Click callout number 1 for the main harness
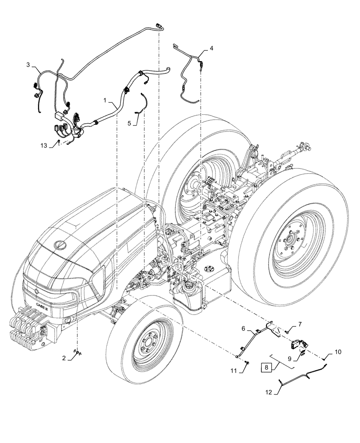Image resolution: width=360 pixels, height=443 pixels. (105, 101)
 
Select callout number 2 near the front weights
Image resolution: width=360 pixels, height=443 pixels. (64, 358)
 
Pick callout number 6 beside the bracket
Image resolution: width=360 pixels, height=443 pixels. (243, 328)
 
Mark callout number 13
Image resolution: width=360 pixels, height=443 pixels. (43, 146)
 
